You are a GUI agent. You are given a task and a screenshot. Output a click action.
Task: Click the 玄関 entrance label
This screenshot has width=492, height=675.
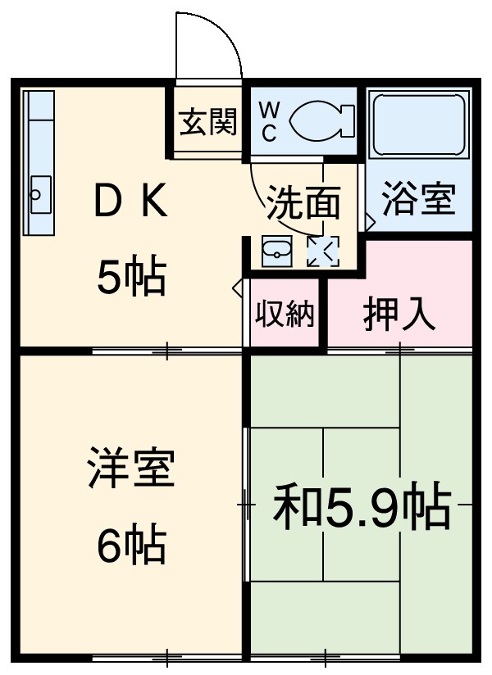coord(209,123)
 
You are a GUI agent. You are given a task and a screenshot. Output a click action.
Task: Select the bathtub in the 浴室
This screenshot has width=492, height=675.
coord(419,125)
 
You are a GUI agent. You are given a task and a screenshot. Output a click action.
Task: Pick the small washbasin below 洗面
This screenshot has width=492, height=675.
coord(276,251)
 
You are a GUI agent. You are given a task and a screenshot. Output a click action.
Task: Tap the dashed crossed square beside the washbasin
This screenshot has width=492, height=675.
coord(321,251)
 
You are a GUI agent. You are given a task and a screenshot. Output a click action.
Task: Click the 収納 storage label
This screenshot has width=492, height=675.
coord(285,314)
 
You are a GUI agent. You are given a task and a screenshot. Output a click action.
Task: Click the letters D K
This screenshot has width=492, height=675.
coord(131,204)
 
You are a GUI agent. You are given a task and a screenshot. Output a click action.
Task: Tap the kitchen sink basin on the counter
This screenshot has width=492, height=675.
coord(39,194)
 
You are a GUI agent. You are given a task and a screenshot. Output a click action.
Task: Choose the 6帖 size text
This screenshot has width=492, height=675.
coord(131,544)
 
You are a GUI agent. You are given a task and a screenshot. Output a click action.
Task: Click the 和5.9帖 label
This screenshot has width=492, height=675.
coord(362,508)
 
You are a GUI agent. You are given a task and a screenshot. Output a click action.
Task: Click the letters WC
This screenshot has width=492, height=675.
coord(270,121)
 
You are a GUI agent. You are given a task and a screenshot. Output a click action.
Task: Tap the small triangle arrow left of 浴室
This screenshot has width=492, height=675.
coord(370,222)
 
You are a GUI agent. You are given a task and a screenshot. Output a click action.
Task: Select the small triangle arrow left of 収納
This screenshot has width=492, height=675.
coord(238,288)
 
